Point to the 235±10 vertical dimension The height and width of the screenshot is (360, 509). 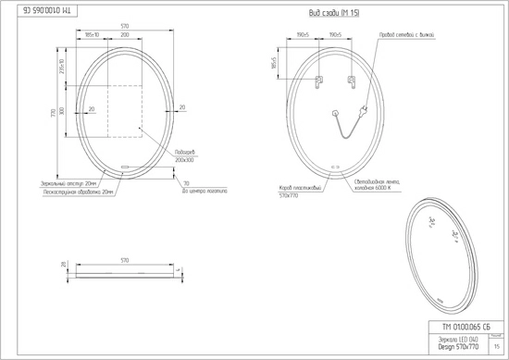point(61,68)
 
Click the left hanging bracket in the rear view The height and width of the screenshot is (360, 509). point(317,81)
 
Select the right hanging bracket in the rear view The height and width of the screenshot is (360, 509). point(353,81)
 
